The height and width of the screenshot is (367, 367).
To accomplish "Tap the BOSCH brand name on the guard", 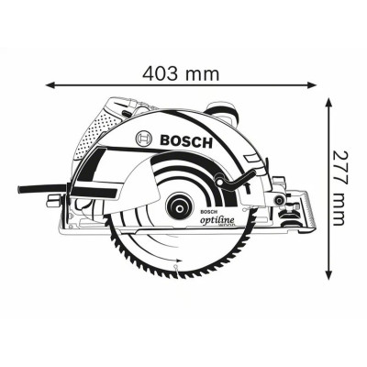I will click(x=186, y=141).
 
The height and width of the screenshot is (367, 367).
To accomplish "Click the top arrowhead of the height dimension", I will click(x=328, y=103).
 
